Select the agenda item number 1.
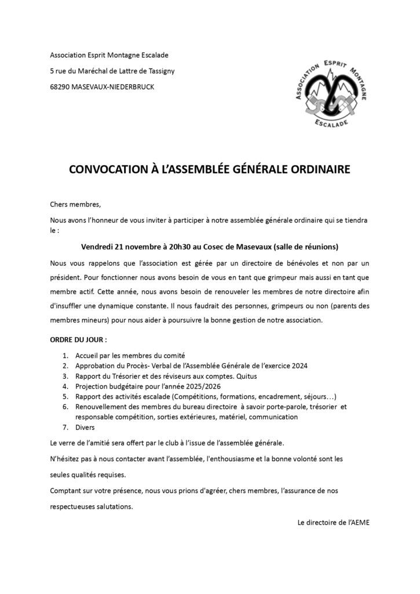[64, 355]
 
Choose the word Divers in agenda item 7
[85, 428]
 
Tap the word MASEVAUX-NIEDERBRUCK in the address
[110, 87]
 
